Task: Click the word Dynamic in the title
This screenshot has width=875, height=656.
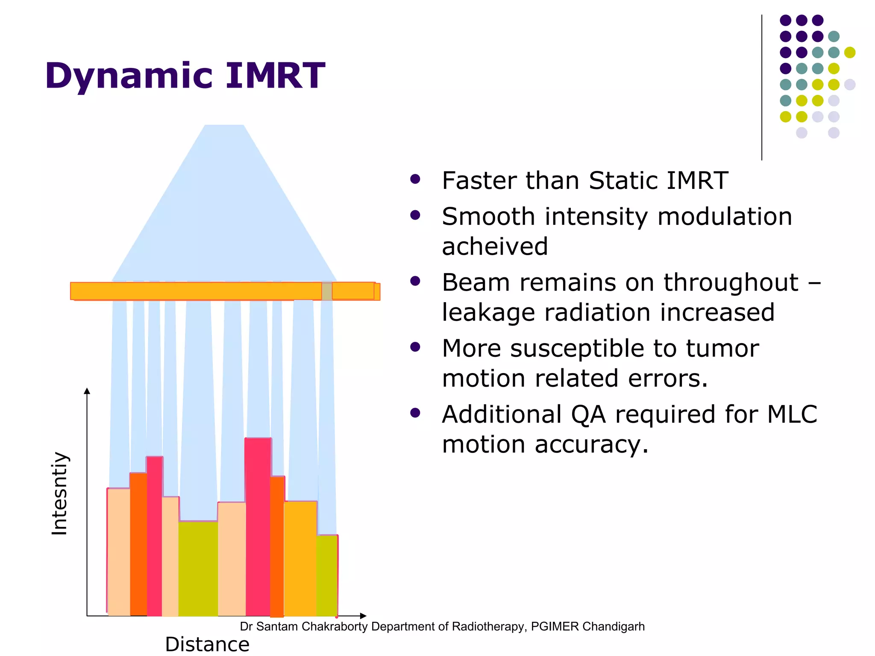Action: coord(128,76)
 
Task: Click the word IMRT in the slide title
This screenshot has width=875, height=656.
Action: coord(275,76)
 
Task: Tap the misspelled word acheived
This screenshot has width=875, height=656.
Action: coord(494,247)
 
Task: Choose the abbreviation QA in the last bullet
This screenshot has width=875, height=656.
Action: coord(588,415)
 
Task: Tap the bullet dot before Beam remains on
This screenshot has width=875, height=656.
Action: coord(415,281)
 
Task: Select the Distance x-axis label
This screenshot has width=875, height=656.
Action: coord(207,644)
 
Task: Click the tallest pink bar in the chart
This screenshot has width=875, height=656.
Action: coord(258,526)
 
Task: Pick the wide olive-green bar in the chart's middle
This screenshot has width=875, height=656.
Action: coord(198,568)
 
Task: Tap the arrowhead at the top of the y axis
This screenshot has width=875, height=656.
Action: coord(87,391)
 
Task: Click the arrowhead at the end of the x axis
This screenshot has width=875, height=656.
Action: coord(363,616)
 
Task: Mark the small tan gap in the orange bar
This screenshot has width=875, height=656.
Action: coord(327,291)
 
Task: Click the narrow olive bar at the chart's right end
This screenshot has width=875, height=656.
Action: coord(327,575)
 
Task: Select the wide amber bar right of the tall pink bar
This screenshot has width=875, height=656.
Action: coord(300,558)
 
